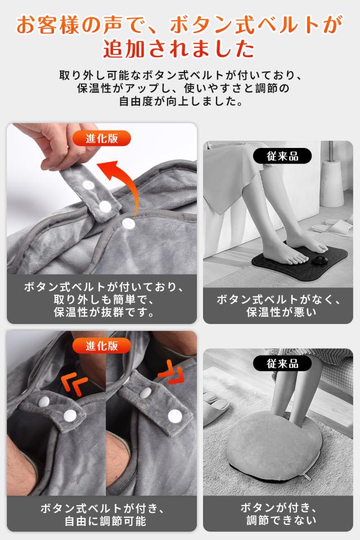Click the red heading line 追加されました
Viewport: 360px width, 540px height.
[x=179, y=49]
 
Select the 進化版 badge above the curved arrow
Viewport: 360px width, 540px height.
[x=102, y=138]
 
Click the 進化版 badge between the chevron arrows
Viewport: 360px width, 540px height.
[x=102, y=345]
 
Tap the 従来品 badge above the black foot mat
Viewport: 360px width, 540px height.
[x=282, y=156]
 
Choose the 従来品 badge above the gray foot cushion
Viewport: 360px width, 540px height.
[x=282, y=363]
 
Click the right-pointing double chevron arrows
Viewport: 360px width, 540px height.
[x=171, y=372]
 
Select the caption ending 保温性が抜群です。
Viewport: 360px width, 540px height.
[x=103, y=299]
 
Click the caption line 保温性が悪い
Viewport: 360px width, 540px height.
[x=281, y=312]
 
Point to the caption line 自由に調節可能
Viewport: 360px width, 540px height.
[x=105, y=521]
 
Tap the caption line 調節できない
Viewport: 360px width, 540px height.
[x=281, y=520]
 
